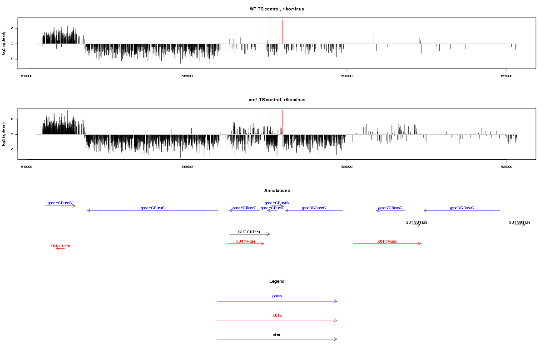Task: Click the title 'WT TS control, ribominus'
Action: point(277,9)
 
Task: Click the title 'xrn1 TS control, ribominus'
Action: point(277,99)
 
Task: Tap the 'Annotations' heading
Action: point(277,191)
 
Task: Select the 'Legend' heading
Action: point(277,281)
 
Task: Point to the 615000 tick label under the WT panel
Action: point(187,77)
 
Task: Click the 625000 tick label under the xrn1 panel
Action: point(507,167)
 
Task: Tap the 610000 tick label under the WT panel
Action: point(27,77)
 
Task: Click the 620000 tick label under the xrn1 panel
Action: point(347,167)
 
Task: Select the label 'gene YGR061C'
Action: point(153,208)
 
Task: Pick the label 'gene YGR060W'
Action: point(60,203)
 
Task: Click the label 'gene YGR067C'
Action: point(462,208)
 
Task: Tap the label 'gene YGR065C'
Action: point(314,208)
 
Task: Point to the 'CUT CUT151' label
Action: point(249,232)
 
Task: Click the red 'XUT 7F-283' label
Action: point(387,241)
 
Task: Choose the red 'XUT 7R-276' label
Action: point(60,246)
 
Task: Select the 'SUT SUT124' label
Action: point(520,222)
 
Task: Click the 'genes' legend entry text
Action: point(277,296)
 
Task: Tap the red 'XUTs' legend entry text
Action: point(277,315)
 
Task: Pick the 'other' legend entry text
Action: point(277,334)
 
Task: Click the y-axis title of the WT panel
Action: point(4,44)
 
